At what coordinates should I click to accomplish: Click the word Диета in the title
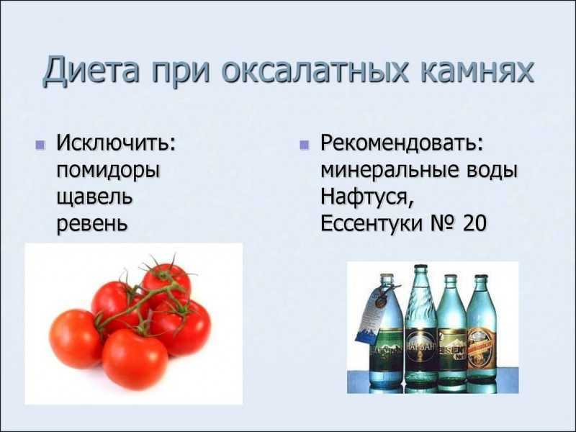[x=91, y=70]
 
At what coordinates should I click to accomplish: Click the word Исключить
[x=116, y=143]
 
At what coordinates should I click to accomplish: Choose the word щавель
[x=94, y=198]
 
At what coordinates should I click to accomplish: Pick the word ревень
[x=92, y=224]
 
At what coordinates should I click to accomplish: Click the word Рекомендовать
[x=402, y=143]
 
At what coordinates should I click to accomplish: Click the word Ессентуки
[x=371, y=223]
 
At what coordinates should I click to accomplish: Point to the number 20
[x=474, y=223]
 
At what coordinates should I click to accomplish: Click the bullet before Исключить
[x=40, y=145]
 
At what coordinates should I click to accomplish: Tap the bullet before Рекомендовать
[x=304, y=145]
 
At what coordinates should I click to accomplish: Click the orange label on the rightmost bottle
[x=482, y=346]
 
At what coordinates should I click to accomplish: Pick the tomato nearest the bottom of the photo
[x=135, y=359]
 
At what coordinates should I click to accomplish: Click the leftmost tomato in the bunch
[x=76, y=338]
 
